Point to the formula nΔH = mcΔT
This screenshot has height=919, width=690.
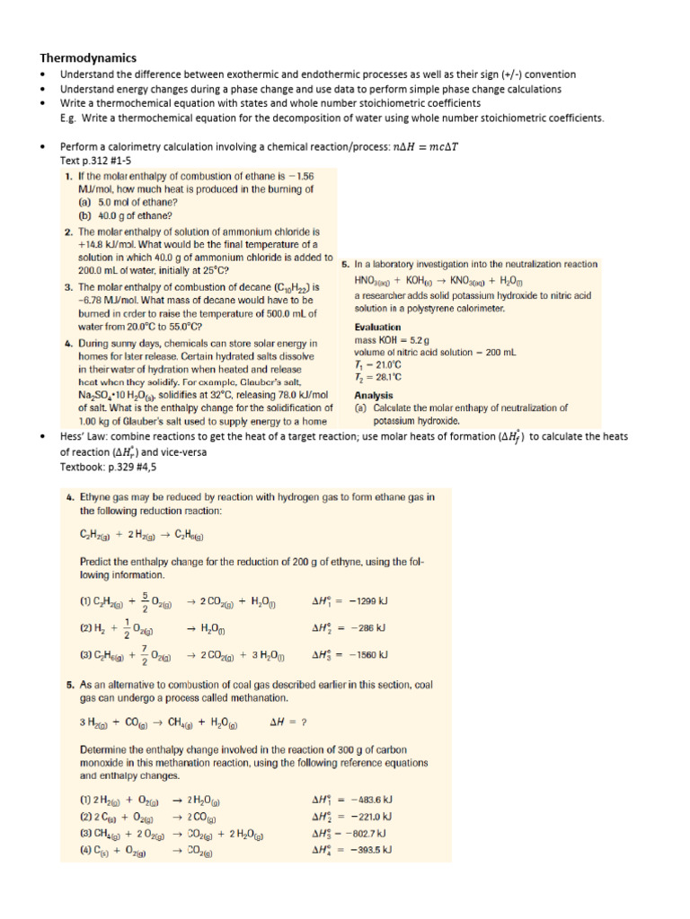(430, 145)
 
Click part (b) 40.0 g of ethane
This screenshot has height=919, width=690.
(126, 214)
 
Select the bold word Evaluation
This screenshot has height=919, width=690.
(378, 327)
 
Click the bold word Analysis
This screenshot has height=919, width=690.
(374, 394)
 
